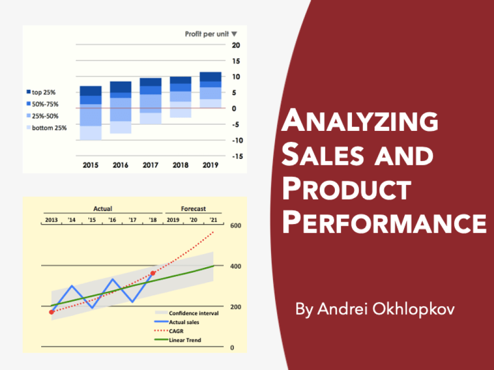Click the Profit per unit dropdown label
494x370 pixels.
point(210,34)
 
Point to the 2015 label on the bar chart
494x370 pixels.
point(90,165)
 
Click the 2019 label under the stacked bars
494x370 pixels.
point(210,165)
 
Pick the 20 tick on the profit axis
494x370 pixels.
point(236,45)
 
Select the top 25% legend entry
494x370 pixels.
point(43,92)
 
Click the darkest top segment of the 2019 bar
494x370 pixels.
point(210,77)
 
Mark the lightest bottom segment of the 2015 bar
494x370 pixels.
point(90,133)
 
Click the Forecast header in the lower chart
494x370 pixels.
point(193,209)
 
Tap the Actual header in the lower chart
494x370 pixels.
point(103,209)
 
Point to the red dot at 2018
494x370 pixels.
point(153,273)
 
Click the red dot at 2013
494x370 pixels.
point(51,312)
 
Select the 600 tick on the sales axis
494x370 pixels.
point(235,226)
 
